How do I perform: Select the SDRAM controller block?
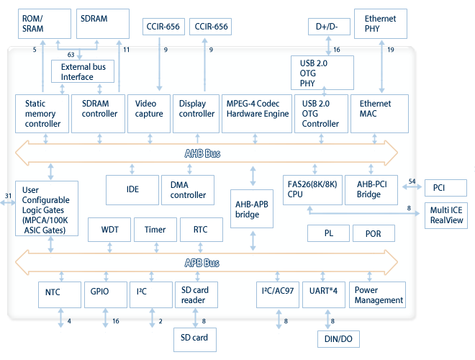pyautogui.click(x=97, y=112)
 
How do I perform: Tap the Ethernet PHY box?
pyautogui.click(x=380, y=24)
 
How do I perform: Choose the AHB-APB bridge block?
pyautogui.click(x=253, y=209)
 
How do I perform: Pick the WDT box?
pyautogui.click(x=109, y=230)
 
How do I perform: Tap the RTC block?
pyautogui.click(x=200, y=230)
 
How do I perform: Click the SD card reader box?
pyautogui.click(x=195, y=295)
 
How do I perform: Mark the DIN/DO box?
pyautogui.click(x=338, y=339)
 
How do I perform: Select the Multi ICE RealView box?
pyautogui.click(x=446, y=215)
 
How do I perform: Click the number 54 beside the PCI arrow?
pyautogui.click(x=412, y=181)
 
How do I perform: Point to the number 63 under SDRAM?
pyautogui.click(x=71, y=54)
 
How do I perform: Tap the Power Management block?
pyautogui.click(x=379, y=295)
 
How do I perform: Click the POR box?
pyautogui.click(x=374, y=234)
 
